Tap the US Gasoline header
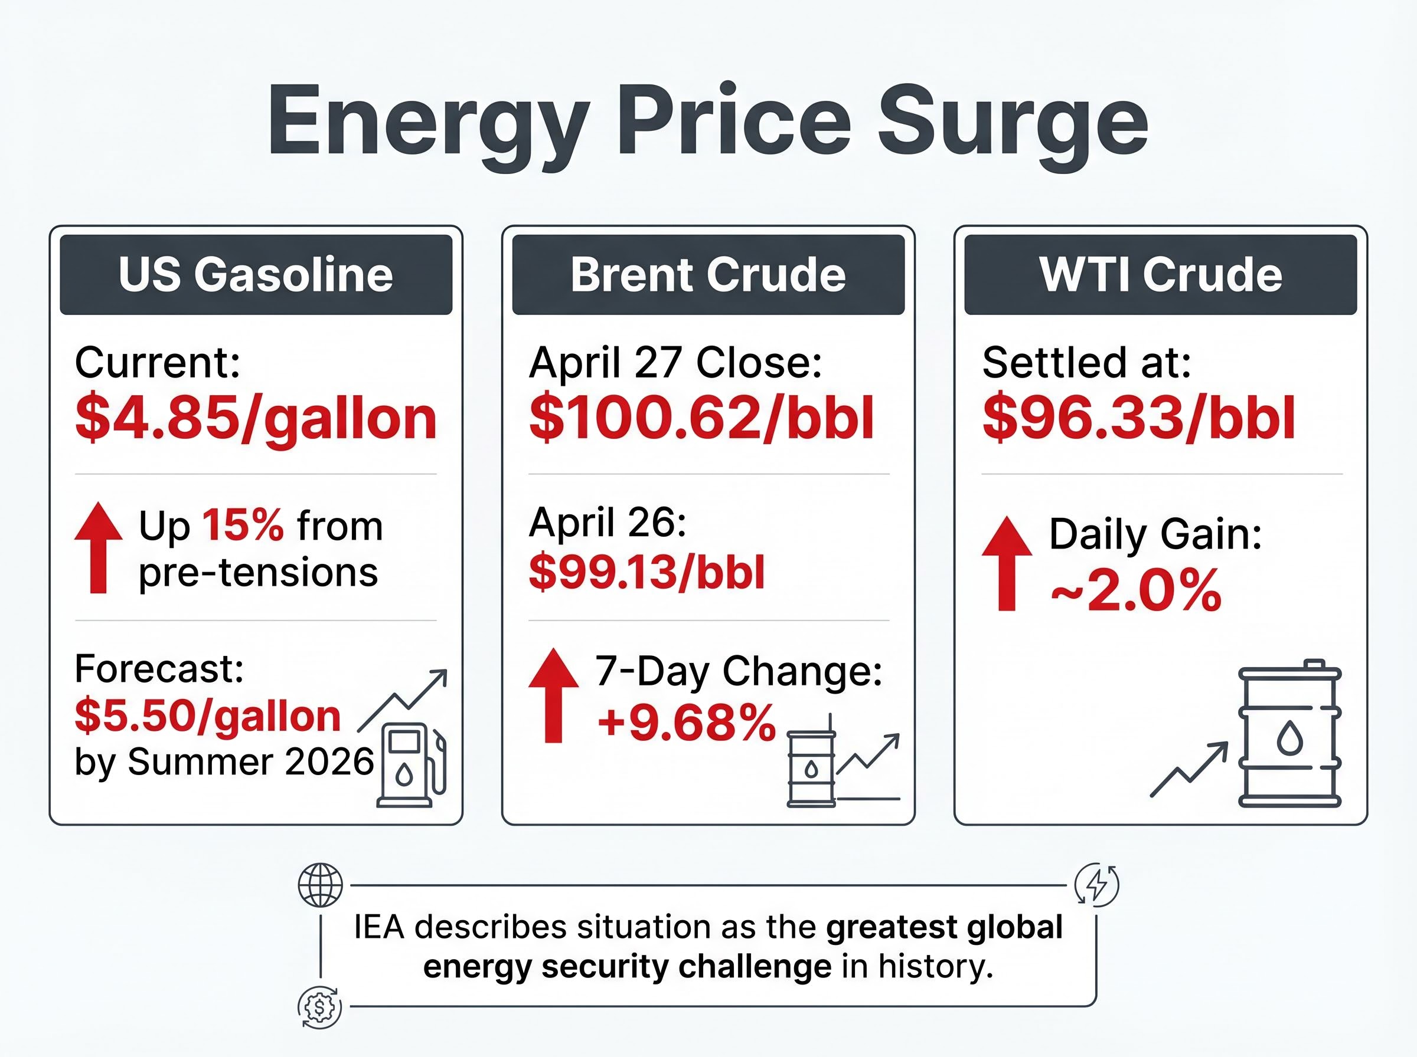coord(256,274)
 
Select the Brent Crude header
coord(708,274)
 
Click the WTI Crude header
coord(1160,274)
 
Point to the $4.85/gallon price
coord(256,419)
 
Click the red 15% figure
coord(243,526)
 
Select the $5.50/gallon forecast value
coord(207,715)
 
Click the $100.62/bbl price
coord(701,419)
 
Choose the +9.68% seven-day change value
coord(687,723)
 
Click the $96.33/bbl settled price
coord(1138,419)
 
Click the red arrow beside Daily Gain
coord(1007,563)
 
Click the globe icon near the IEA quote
coord(321,885)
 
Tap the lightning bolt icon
coord(1097,885)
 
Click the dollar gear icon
coord(320,1007)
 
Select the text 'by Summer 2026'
coord(224,762)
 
